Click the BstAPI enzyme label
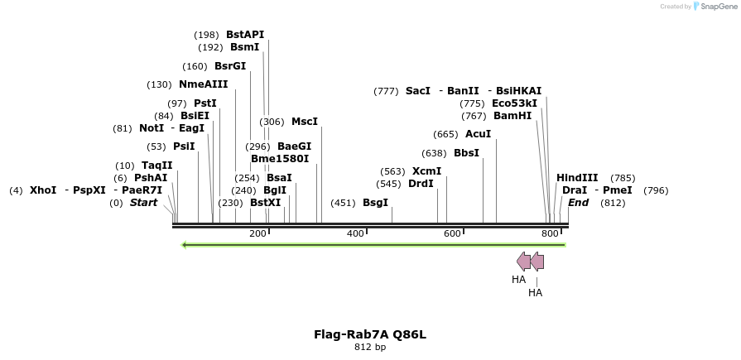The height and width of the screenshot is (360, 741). (x=245, y=35)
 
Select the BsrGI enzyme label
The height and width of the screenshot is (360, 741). (x=230, y=66)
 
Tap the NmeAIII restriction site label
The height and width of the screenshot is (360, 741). (x=203, y=84)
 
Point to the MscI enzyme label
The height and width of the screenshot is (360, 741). (x=305, y=122)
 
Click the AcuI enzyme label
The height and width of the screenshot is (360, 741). (x=478, y=134)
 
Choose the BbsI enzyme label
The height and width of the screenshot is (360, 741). (x=466, y=153)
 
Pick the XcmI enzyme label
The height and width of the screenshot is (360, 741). (x=426, y=171)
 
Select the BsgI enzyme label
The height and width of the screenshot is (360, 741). (x=375, y=203)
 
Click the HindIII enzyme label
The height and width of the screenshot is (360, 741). (x=577, y=178)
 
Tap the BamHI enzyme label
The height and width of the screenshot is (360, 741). (x=512, y=116)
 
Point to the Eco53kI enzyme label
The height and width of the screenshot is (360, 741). (x=514, y=103)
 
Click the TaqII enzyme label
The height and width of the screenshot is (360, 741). (x=157, y=166)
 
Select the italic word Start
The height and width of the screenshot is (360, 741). (x=143, y=203)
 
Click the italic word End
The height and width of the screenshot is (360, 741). (x=578, y=203)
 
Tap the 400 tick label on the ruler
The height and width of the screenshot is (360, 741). (x=355, y=234)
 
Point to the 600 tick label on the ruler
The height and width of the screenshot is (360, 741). (x=452, y=234)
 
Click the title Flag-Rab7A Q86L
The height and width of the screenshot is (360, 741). (x=370, y=334)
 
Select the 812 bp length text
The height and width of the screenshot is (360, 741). (x=370, y=347)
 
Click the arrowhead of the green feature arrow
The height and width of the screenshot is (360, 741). (x=185, y=245)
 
